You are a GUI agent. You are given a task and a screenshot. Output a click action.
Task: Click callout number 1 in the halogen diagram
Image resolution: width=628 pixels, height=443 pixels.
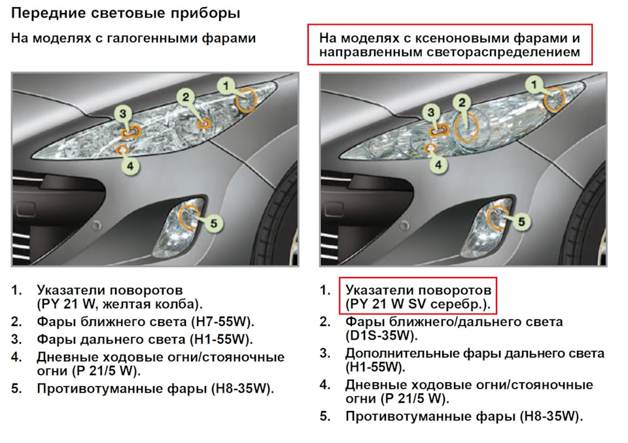pyautogui.click(x=226, y=86)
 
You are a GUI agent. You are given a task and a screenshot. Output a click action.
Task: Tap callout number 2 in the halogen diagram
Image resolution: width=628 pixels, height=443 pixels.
pyautogui.click(x=185, y=97)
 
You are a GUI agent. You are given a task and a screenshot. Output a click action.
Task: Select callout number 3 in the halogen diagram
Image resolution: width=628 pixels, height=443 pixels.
pyautogui.click(x=123, y=114)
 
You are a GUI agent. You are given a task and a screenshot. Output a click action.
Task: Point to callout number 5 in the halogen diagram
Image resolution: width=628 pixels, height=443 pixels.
pyautogui.click(x=213, y=223)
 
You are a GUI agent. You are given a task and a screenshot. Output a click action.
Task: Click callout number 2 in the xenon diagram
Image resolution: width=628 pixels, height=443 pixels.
pyautogui.click(x=462, y=103)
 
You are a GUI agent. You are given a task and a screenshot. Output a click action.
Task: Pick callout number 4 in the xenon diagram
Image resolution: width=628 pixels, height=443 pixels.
pyautogui.click(x=438, y=165)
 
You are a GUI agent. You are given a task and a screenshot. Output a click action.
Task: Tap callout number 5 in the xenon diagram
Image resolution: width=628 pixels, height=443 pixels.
pyautogui.click(x=521, y=222)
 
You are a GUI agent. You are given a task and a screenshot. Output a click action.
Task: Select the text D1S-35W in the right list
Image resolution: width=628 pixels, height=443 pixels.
pyautogui.click(x=379, y=335)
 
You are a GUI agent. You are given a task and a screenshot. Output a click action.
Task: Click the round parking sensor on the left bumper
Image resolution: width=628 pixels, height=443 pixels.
pyautogui.click(x=96, y=225)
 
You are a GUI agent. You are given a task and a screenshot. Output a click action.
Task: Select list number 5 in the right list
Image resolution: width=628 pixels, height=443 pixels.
pyautogui.click(x=325, y=417)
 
